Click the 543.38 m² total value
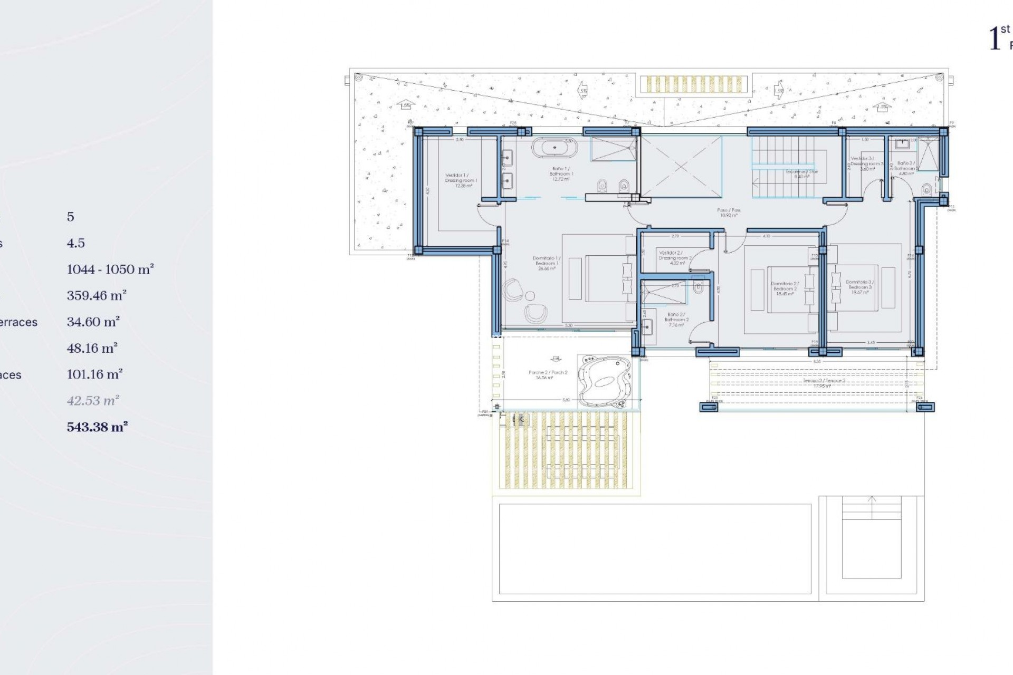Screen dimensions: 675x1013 click(97, 427)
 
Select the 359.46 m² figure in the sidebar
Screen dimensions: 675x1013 click(97, 296)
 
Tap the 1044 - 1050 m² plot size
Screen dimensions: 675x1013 click(110, 269)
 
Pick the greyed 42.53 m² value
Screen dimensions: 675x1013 click(93, 401)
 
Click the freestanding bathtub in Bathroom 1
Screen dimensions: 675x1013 click(554, 148)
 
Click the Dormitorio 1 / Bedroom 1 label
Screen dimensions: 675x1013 click(547, 263)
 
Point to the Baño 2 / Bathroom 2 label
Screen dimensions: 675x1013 click(676, 319)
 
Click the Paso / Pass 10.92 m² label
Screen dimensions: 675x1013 click(729, 213)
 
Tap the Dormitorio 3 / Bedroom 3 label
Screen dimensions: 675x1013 click(859, 287)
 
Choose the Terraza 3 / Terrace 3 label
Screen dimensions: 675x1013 click(817, 383)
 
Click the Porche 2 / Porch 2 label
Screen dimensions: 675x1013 click(548, 375)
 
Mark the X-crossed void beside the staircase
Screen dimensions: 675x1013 click(681, 167)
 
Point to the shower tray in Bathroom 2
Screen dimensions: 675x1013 click(664, 293)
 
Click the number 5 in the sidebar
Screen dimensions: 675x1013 click(70, 217)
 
